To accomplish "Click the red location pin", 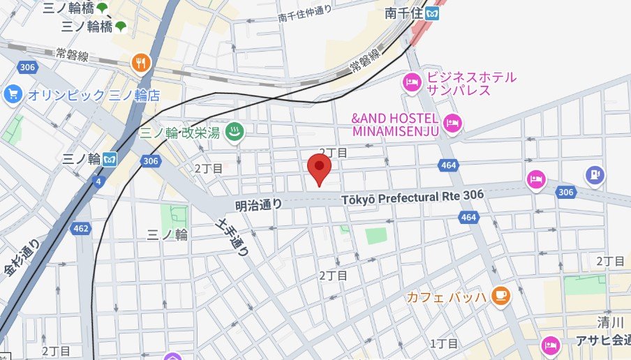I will (x=319, y=167).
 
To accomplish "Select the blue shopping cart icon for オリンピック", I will (x=12, y=93).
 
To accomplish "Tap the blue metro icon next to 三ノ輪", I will (x=110, y=158).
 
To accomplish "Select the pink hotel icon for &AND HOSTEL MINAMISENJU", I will (x=452, y=123).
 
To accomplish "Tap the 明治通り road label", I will (x=259, y=204).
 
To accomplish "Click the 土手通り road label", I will (x=233, y=237).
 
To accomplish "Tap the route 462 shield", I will (x=81, y=227).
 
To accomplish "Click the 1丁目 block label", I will (x=443, y=343).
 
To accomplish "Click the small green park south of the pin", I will (x=376, y=236).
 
